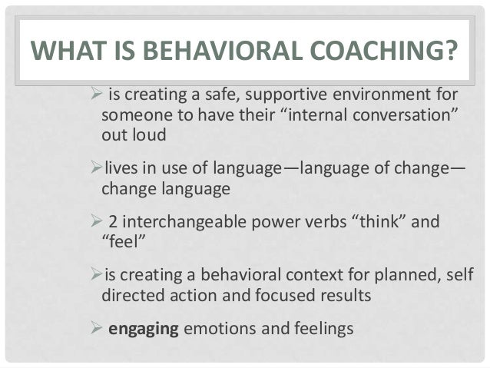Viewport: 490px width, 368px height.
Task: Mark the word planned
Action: (x=368, y=277)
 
